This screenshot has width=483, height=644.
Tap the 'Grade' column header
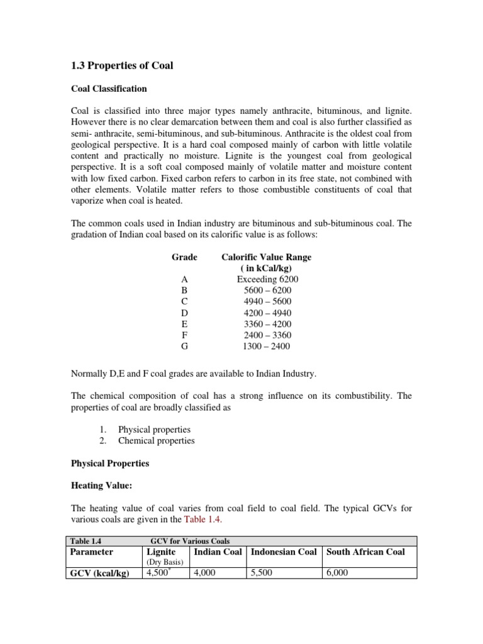184,257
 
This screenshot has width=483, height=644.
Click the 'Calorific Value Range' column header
267,257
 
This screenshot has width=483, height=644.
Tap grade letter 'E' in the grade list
184,324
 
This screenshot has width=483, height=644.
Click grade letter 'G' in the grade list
184,346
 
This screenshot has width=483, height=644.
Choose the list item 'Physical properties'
154,430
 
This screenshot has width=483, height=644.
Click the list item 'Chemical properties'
156,440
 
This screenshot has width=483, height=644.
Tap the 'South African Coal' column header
365,552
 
